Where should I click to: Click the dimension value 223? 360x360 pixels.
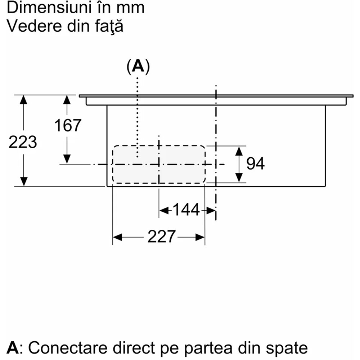23,143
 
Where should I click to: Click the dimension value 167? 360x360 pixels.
68,125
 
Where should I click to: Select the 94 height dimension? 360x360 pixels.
256,164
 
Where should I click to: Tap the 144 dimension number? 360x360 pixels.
186,210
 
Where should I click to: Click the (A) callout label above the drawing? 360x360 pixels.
138,67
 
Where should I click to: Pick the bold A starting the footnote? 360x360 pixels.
13,348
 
